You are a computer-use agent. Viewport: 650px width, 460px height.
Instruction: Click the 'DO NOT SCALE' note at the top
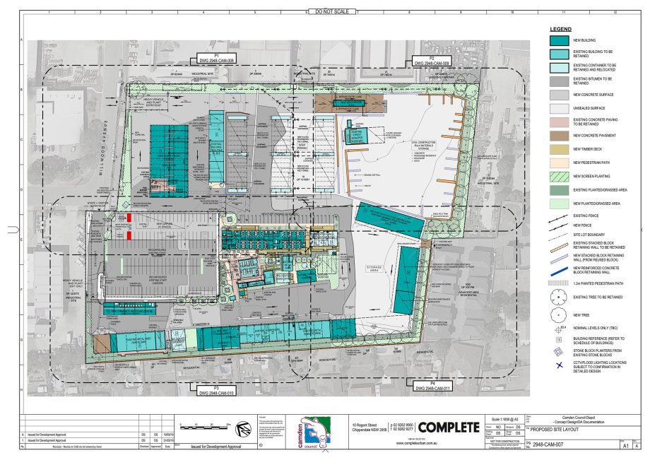(x=331, y=12)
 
